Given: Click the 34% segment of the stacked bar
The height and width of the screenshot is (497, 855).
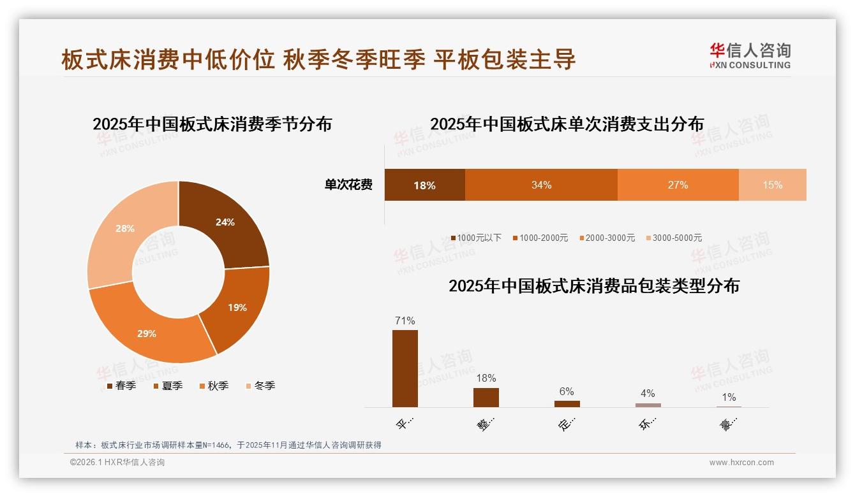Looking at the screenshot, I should coord(541,185).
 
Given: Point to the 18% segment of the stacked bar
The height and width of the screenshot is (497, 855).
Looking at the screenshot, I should coord(424,185).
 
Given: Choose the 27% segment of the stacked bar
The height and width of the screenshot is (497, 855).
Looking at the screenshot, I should coord(678,185).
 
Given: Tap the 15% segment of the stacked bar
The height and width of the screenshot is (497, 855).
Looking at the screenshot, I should coord(772,185).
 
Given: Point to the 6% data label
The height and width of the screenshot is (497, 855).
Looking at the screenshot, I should coord(567,391).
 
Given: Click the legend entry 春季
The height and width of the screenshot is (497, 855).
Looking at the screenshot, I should coord(121,385).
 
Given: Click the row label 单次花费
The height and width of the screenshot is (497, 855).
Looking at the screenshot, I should coord(348,185).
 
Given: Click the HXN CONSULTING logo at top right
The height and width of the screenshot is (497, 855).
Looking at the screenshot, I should coord(750,56).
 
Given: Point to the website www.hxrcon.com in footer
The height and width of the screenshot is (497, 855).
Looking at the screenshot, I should coord(741,462).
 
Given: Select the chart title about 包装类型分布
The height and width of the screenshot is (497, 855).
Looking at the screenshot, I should coord(593,286).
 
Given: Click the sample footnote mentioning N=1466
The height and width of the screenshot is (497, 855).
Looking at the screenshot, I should coord(228,445).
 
